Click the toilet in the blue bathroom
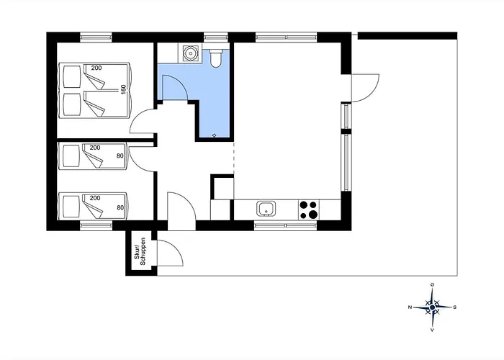pos(216,57)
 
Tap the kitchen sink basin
pos(266,209)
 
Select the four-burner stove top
pos(309,210)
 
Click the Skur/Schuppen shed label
pos(140,251)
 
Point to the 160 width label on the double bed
pos(123,89)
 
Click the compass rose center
pos(432,307)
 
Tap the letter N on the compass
pos(410,307)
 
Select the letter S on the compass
pos(455,307)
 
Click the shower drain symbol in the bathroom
pos(215,135)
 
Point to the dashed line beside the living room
pos(234,158)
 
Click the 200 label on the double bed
pos(96,68)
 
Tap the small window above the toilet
pos(216,37)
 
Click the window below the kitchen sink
pos(285,225)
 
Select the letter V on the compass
pos(432,330)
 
